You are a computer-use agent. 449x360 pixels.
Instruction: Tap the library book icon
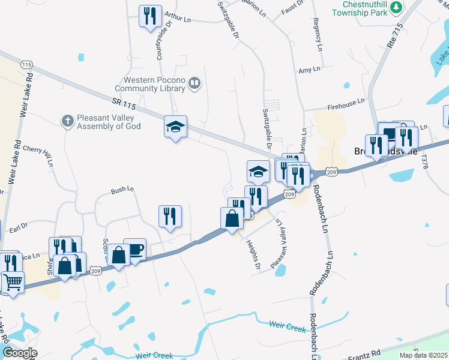coord(194,84)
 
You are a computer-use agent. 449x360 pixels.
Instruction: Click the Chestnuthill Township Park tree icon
coord(396,7)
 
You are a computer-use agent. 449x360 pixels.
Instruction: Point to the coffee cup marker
coord(134,249)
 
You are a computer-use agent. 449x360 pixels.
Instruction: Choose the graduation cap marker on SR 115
coord(175,127)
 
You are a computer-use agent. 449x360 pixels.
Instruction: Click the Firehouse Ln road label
coord(346,105)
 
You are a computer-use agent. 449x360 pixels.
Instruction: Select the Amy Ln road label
coord(309,70)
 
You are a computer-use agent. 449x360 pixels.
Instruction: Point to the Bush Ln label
coord(122,190)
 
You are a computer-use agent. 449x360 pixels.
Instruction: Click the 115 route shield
coord(26,64)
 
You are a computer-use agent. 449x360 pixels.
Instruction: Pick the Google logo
coord(19,353)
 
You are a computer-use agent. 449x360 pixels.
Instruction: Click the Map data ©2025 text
coord(423,355)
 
